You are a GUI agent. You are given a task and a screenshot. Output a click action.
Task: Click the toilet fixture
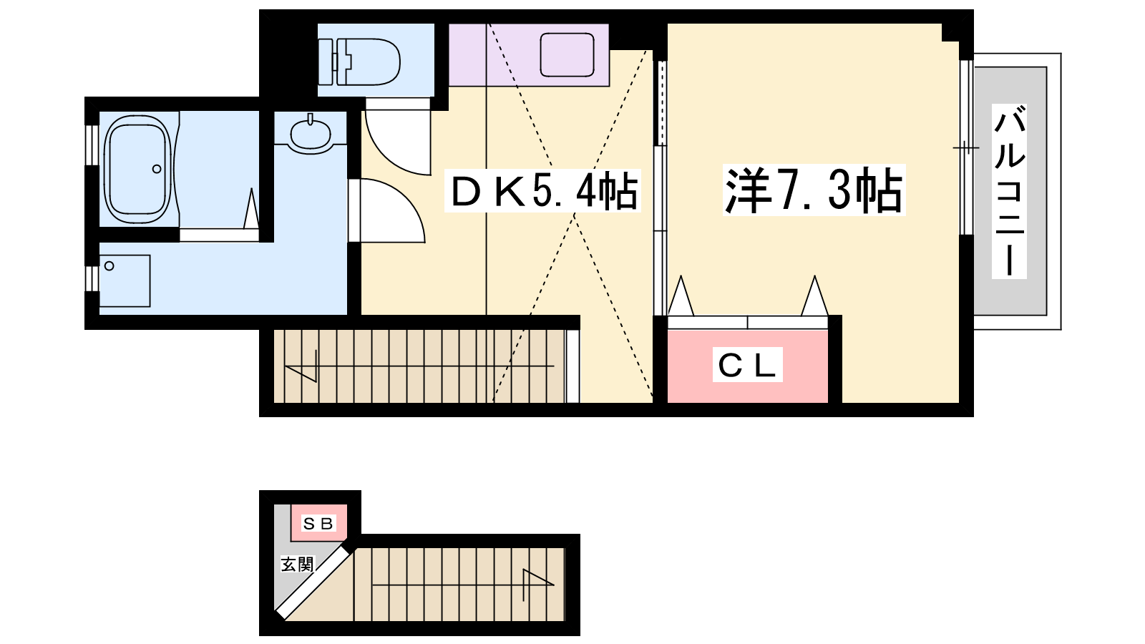(359, 62)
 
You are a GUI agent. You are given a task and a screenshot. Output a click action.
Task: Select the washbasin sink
(311, 133)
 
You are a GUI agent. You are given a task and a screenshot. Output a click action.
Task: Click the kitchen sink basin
(567, 54)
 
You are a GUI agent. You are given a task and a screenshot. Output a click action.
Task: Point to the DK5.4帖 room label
(543, 190)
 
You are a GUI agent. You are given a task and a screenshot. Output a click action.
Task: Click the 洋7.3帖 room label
(814, 190)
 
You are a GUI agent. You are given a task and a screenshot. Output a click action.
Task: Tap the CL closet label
(748, 364)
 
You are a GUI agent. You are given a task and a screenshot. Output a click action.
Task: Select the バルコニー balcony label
(1009, 191)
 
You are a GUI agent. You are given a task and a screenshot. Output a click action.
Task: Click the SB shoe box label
(318, 523)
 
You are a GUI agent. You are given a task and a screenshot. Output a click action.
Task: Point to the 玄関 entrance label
(297, 565)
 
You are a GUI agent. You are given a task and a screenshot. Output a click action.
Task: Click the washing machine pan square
(125, 281)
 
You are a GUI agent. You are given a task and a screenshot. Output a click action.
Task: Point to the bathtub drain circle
(157, 169)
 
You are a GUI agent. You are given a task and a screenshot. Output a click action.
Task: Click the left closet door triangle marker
(681, 296)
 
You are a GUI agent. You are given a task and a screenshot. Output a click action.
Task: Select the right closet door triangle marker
(814, 296)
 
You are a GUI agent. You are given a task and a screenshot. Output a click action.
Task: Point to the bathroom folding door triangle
(251, 209)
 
